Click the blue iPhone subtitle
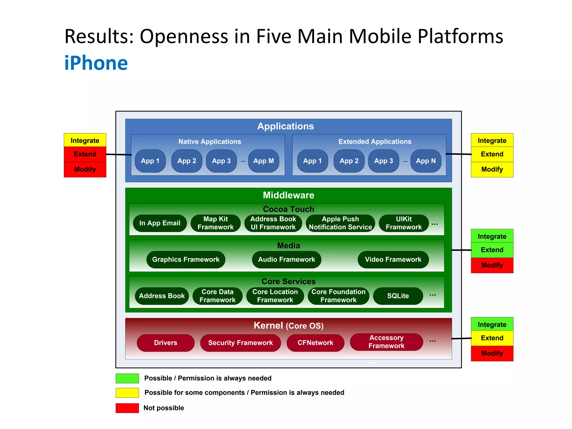[96, 63]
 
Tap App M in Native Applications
[263, 161]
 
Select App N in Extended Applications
[426, 161]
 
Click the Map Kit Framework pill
[215, 223]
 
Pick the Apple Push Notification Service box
[340, 223]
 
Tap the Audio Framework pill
[286, 259]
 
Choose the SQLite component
[398, 296]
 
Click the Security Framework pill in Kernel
[240, 343]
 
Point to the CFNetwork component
[315, 343]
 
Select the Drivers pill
[165, 343]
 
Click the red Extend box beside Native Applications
[85, 154]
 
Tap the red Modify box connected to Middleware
[492, 265]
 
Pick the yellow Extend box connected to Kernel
[492, 338]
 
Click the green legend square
[127, 378]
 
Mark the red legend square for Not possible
[127, 408]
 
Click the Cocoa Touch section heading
[288, 209]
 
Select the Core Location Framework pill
[275, 296]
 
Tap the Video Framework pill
[393, 259]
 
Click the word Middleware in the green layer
[288, 195]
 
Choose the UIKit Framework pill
[404, 223]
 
